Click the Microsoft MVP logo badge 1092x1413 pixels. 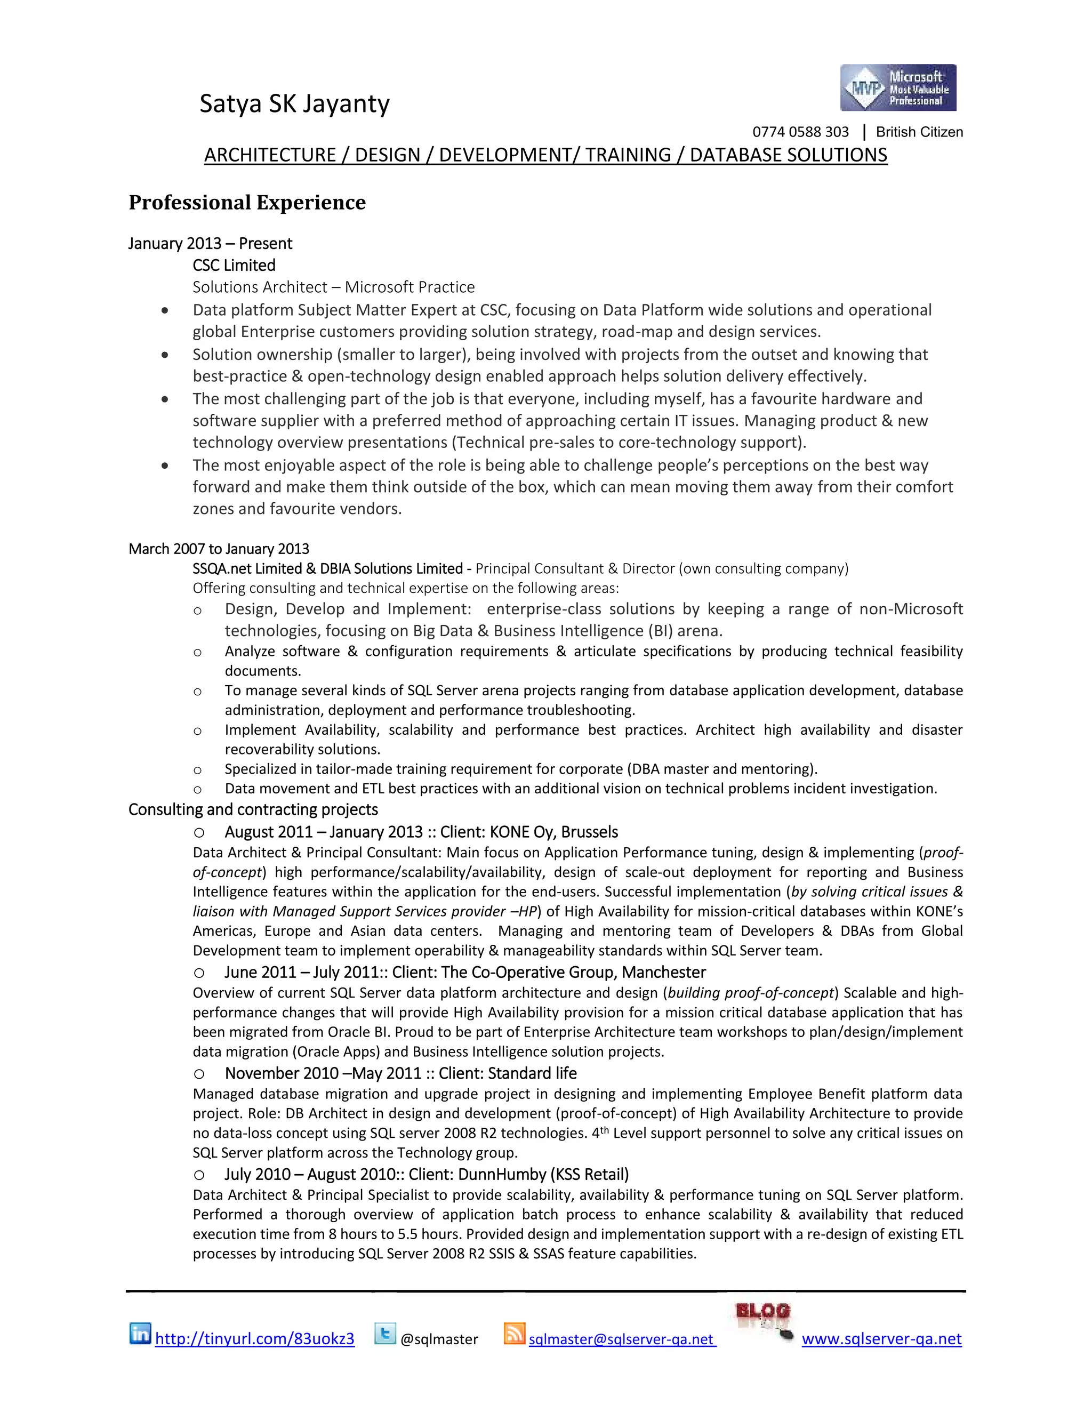(897, 88)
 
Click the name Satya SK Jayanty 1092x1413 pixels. (294, 104)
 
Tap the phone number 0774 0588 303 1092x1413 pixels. (800, 132)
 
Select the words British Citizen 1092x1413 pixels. (919, 132)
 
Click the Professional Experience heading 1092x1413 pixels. (247, 203)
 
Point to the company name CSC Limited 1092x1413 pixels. (234, 265)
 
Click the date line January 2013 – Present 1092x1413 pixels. (210, 243)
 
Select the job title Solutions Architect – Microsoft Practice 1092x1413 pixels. (333, 287)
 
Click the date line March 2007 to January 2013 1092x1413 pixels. (219, 549)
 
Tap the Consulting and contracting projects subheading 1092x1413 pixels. (253, 809)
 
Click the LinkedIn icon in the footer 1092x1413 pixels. (140, 1334)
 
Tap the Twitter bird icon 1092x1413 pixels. (385, 1334)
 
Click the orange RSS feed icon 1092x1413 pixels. (515, 1334)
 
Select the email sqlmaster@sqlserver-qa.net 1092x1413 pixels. (622, 1339)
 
